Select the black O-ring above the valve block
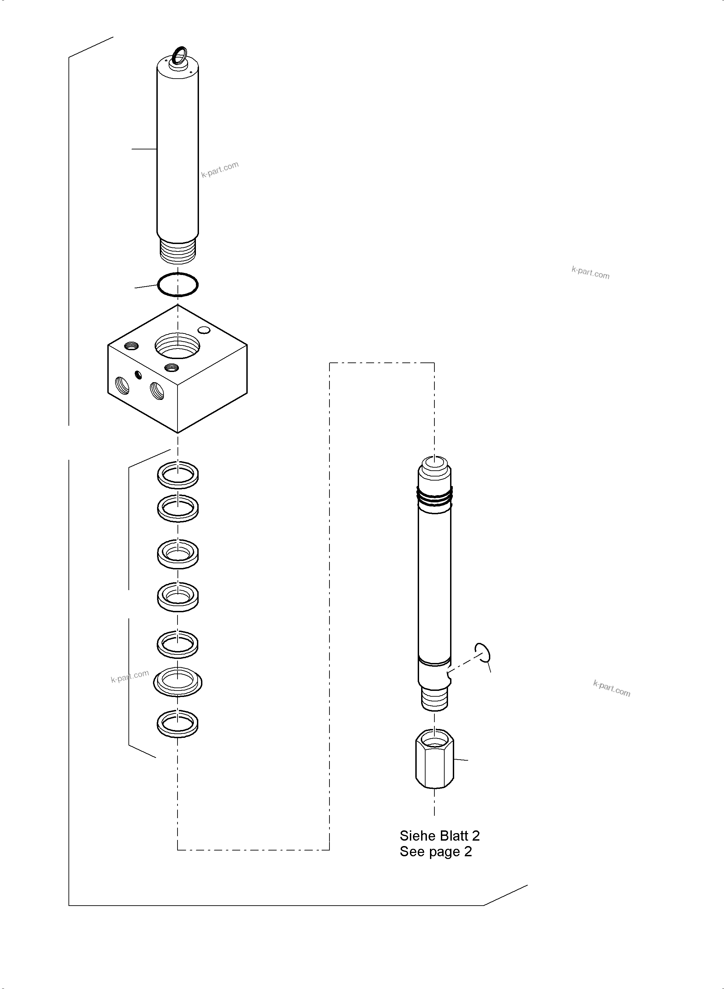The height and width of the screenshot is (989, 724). coord(178,285)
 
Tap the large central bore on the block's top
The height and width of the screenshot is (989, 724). coord(178,345)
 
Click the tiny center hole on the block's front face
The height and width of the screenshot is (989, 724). coord(139,374)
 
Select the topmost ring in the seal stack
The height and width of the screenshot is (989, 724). coord(178,474)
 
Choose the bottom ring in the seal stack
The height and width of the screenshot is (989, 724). coord(178,723)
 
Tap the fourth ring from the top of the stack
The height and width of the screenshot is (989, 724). coord(178,596)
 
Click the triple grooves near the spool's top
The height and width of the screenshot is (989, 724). coord(434,496)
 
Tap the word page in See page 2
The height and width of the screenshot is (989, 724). coord(447,852)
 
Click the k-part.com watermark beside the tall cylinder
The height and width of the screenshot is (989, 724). coord(219,169)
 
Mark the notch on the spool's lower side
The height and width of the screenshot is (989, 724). coord(449,677)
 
